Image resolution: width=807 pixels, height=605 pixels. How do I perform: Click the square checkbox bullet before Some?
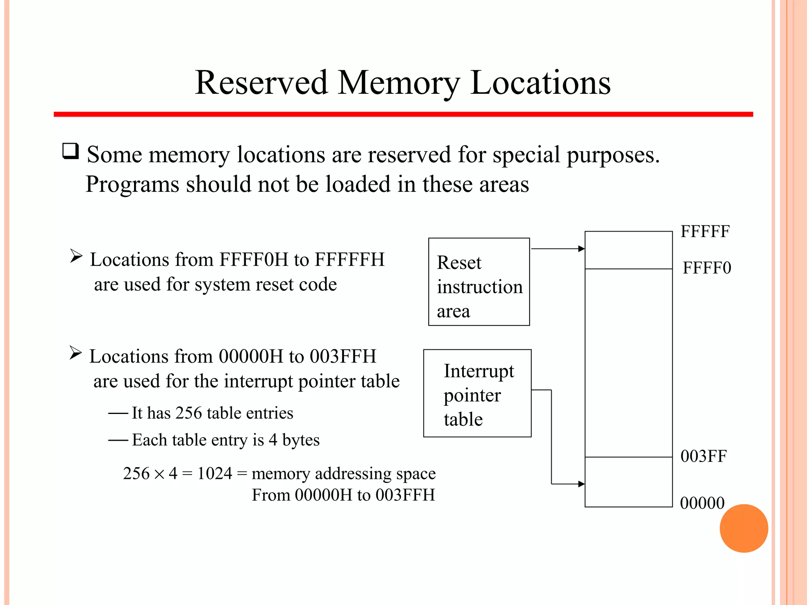(x=71, y=151)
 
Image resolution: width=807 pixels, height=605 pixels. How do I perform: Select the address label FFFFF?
(x=705, y=232)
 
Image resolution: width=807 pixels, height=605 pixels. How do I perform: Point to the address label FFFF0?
(x=707, y=268)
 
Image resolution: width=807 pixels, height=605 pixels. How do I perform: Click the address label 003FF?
(x=703, y=456)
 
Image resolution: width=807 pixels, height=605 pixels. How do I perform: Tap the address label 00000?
(x=702, y=503)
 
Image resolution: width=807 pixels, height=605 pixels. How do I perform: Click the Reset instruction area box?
(x=479, y=282)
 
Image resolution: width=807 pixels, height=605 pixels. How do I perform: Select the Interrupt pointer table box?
(x=477, y=393)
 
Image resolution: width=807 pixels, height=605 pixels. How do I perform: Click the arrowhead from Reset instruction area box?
(x=581, y=249)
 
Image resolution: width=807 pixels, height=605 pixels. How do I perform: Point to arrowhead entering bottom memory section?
(x=581, y=484)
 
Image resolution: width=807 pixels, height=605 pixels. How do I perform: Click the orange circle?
(x=744, y=528)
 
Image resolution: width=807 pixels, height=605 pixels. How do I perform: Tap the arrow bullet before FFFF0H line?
(x=76, y=256)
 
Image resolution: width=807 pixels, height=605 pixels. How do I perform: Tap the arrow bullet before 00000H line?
(x=75, y=353)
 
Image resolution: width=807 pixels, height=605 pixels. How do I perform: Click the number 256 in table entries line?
(x=188, y=413)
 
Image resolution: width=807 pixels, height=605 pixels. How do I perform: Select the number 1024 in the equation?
(x=215, y=473)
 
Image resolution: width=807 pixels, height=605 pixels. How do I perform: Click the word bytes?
(x=301, y=440)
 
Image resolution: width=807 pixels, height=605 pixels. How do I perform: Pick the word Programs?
(x=132, y=184)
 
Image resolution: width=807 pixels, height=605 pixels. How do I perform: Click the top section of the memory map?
(x=628, y=250)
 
